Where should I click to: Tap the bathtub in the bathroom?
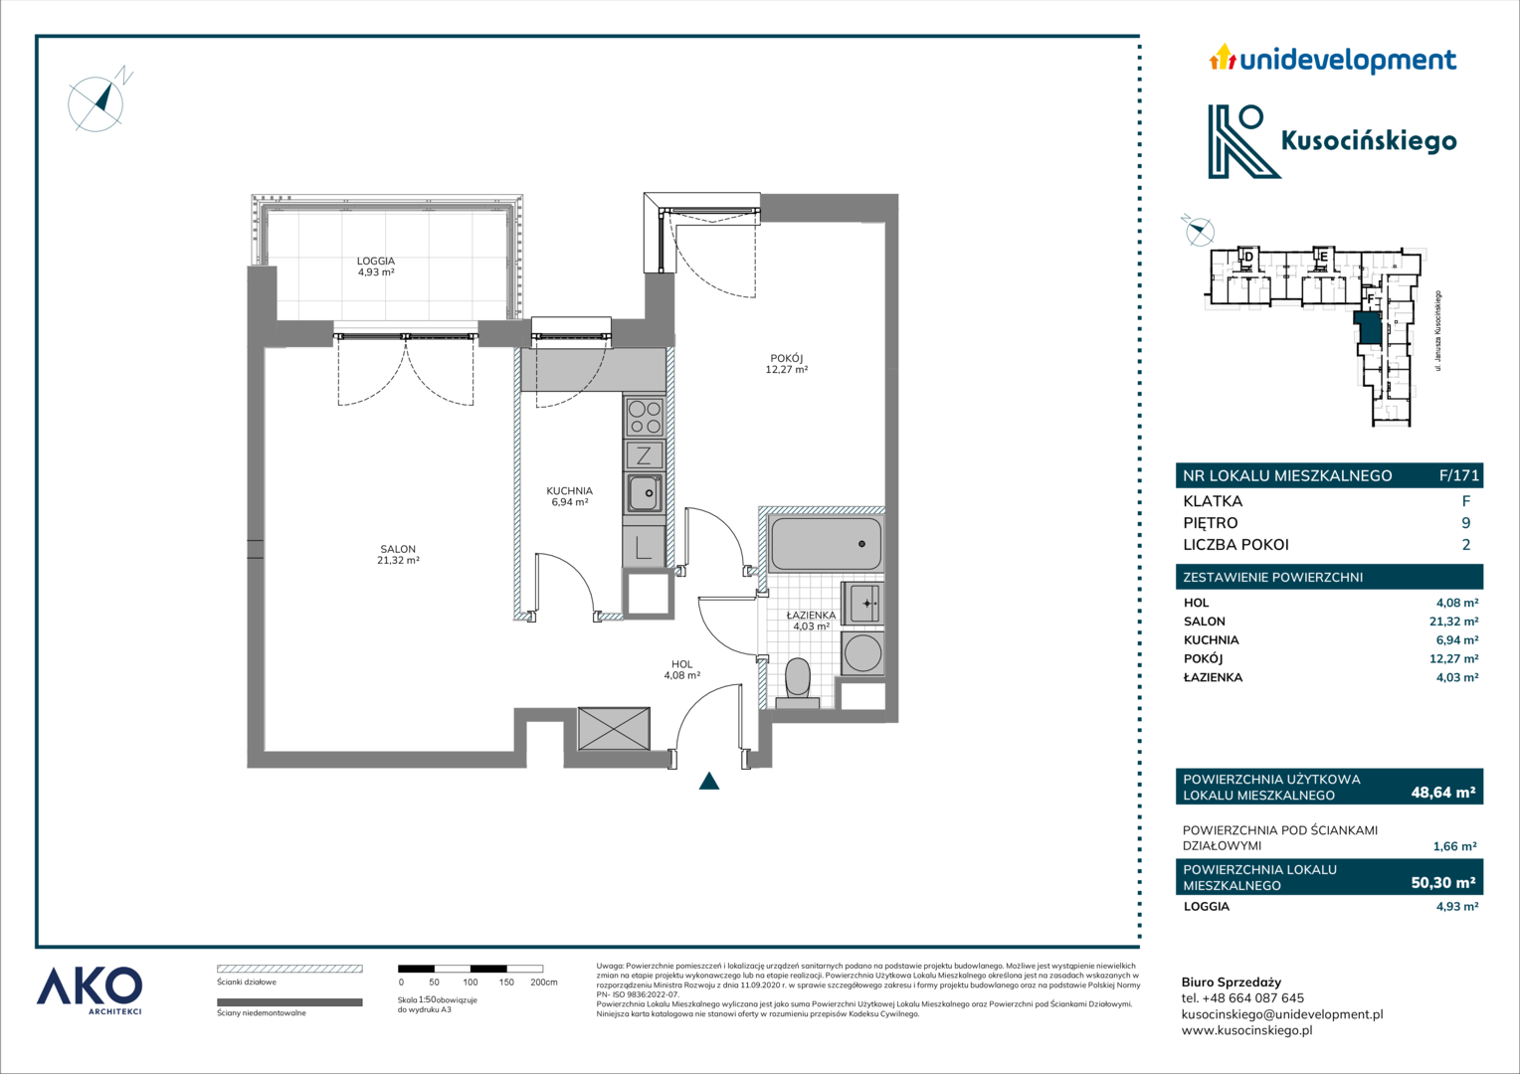825,543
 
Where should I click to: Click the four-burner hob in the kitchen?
644,417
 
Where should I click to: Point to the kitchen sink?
644,492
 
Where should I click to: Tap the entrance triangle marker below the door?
709,781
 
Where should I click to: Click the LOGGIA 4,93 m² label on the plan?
376,266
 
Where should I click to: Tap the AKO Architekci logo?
89,991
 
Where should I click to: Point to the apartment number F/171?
1458,475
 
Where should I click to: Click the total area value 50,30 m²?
1443,882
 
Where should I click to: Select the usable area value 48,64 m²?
1443,792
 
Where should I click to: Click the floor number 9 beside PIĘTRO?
1465,522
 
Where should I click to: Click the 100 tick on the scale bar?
471,982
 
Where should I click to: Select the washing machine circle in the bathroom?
862,653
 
